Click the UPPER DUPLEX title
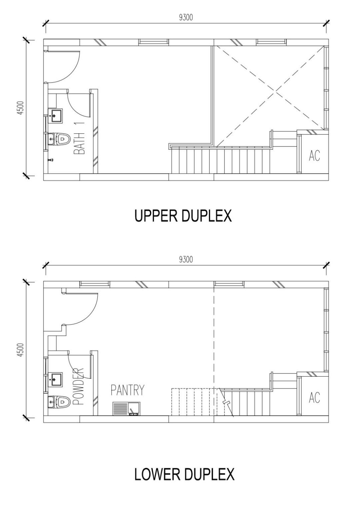[x=183, y=216]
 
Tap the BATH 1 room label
[x=79, y=138]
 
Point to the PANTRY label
[x=127, y=390]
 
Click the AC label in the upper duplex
[x=314, y=156]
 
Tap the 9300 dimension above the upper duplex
[x=186, y=17]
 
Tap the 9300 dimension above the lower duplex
[x=186, y=259]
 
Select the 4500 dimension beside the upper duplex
[x=21, y=108]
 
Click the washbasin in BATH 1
[x=55, y=116]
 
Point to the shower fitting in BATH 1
[x=51, y=160]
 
